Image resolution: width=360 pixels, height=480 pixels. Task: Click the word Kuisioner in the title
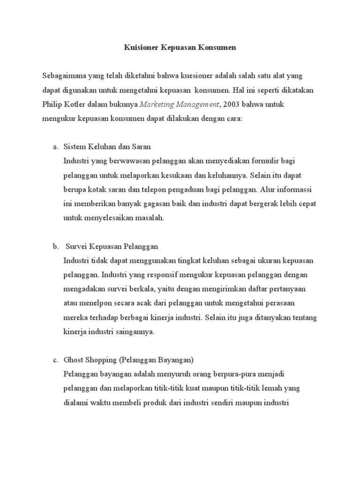tap(140, 47)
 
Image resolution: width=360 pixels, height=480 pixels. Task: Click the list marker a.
tap(54, 147)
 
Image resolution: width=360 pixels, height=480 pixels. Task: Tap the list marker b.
tap(54, 246)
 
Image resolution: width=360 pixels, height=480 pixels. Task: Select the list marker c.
tap(54, 360)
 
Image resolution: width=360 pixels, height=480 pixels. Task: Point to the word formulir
tap(270, 161)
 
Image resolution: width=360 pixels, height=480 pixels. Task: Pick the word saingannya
tap(134, 331)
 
